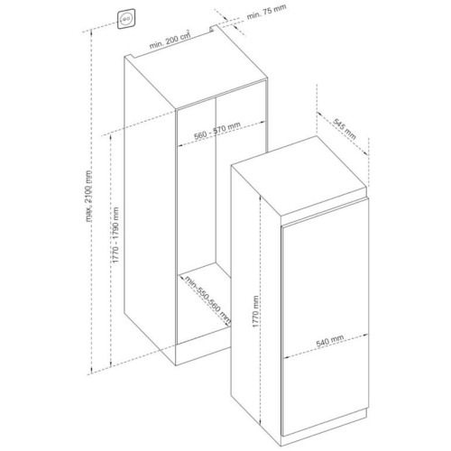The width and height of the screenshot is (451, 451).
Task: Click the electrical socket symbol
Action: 126,19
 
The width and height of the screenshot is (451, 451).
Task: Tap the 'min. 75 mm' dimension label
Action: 266,12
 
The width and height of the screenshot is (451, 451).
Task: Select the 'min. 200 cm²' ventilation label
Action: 170,39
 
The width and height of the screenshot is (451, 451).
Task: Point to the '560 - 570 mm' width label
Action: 217,131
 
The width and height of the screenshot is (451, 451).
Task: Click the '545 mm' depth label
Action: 345,129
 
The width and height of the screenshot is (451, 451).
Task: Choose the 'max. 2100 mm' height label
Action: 88,196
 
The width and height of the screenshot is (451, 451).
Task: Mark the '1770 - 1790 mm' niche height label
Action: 115,235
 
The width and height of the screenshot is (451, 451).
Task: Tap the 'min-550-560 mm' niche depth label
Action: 208,300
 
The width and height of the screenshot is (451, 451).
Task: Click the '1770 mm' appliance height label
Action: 255,311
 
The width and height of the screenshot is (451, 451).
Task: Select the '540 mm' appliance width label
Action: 330,341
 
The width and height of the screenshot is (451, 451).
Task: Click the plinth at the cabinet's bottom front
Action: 203,354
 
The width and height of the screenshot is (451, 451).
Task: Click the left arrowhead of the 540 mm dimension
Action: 286,357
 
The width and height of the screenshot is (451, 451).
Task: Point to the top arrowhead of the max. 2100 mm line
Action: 91,32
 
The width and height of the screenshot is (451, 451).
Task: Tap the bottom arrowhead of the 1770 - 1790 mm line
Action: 111,364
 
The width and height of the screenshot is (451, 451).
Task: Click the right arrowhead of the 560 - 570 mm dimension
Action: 263,122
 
